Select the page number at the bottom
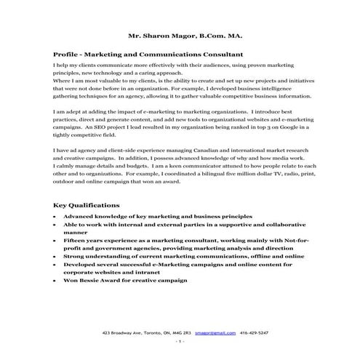click(180, 342)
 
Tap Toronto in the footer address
click(157, 332)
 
